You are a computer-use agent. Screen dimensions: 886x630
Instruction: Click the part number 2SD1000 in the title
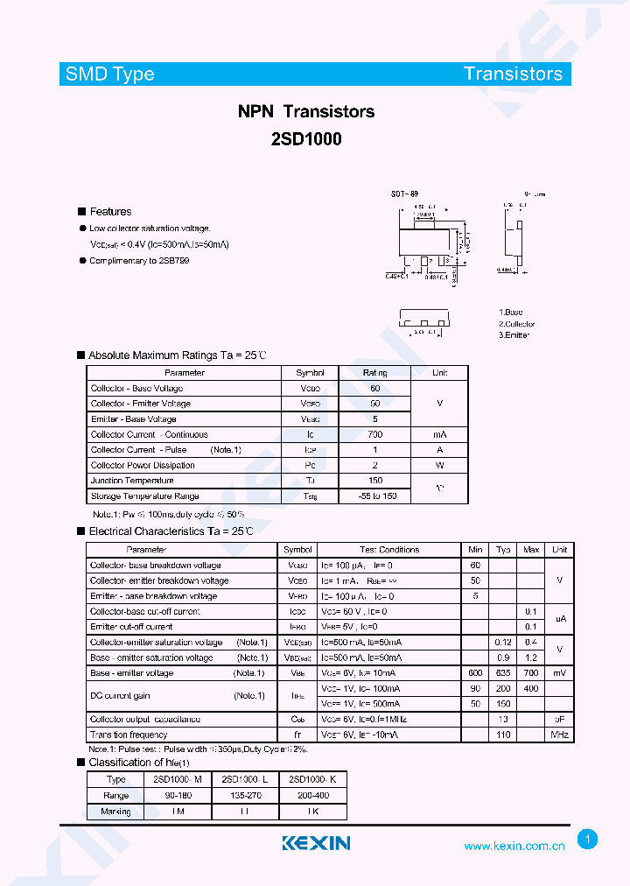pyautogui.click(x=306, y=138)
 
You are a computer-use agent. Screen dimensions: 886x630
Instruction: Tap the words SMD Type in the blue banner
pyautogui.click(x=110, y=74)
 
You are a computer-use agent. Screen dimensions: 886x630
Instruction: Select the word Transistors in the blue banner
pyautogui.click(x=513, y=74)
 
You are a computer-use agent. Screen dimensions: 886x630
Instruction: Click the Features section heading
pyautogui.click(x=110, y=212)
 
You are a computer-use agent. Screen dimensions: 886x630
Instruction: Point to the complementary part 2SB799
pyautogui.click(x=173, y=261)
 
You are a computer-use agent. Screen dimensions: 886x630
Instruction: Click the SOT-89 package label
pyautogui.click(x=404, y=194)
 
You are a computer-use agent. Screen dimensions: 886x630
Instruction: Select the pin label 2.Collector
pyautogui.click(x=517, y=324)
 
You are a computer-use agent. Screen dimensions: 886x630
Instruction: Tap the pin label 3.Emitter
pyautogui.click(x=514, y=335)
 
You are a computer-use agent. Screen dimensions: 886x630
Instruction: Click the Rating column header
pyautogui.click(x=374, y=373)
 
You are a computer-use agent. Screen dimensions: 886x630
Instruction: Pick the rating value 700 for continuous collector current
pyautogui.click(x=374, y=434)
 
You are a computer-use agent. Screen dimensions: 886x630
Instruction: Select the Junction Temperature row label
pyautogui.click(x=132, y=481)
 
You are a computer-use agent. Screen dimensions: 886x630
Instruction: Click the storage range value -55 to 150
pyautogui.click(x=377, y=496)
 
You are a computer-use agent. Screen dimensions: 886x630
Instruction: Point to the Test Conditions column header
pyautogui.click(x=389, y=550)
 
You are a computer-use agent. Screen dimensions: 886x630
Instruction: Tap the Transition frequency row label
pyautogui.click(x=129, y=735)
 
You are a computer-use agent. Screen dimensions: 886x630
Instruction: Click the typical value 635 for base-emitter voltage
pyautogui.click(x=503, y=673)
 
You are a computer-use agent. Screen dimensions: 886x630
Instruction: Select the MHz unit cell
pyautogui.click(x=559, y=735)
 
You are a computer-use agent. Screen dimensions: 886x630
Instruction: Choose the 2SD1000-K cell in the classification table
pyautogui.click(x=312, y=779)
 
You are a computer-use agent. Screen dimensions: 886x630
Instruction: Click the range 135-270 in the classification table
pyautogui.click(x=244, y=795)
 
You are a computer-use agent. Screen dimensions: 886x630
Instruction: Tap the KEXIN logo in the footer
pyautogui.click(x=316, y=843)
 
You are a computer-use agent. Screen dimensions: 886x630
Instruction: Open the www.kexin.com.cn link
pyautogui.click(x=514, y=847)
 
